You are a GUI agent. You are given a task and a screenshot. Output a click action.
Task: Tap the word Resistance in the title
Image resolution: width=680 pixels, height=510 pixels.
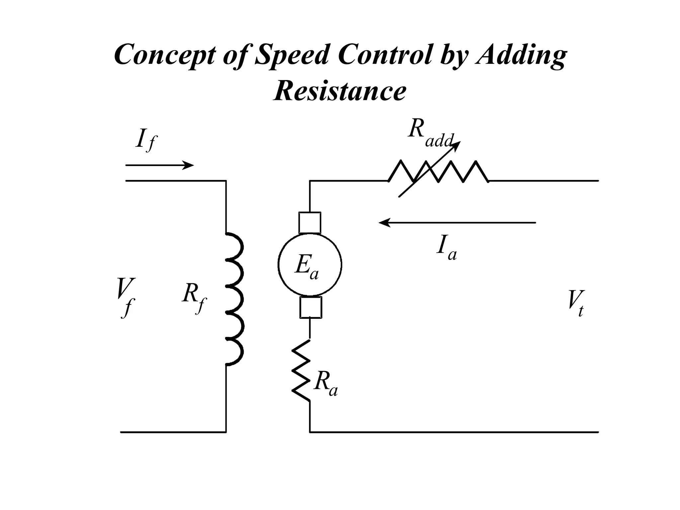click(340, 91)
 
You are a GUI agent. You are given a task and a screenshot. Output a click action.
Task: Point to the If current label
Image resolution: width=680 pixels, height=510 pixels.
click(145, 140)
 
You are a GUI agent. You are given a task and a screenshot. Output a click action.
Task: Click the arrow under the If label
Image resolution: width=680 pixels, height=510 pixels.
click(159, 165)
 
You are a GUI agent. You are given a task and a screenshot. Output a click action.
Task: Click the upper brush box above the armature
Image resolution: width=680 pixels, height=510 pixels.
click(310, 223)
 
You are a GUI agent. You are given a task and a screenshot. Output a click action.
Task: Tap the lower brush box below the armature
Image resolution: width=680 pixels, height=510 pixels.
click(310, 307)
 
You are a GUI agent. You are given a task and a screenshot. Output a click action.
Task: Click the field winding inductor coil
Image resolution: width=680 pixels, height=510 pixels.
click(235, 299)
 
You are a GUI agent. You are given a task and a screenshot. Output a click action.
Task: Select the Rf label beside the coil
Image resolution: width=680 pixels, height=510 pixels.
click(194, 297)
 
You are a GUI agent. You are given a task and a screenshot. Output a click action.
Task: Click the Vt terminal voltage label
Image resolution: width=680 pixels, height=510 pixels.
click(575, 303)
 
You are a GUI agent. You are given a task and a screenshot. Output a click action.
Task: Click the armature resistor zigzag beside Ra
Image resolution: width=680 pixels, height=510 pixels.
click(301, 370)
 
